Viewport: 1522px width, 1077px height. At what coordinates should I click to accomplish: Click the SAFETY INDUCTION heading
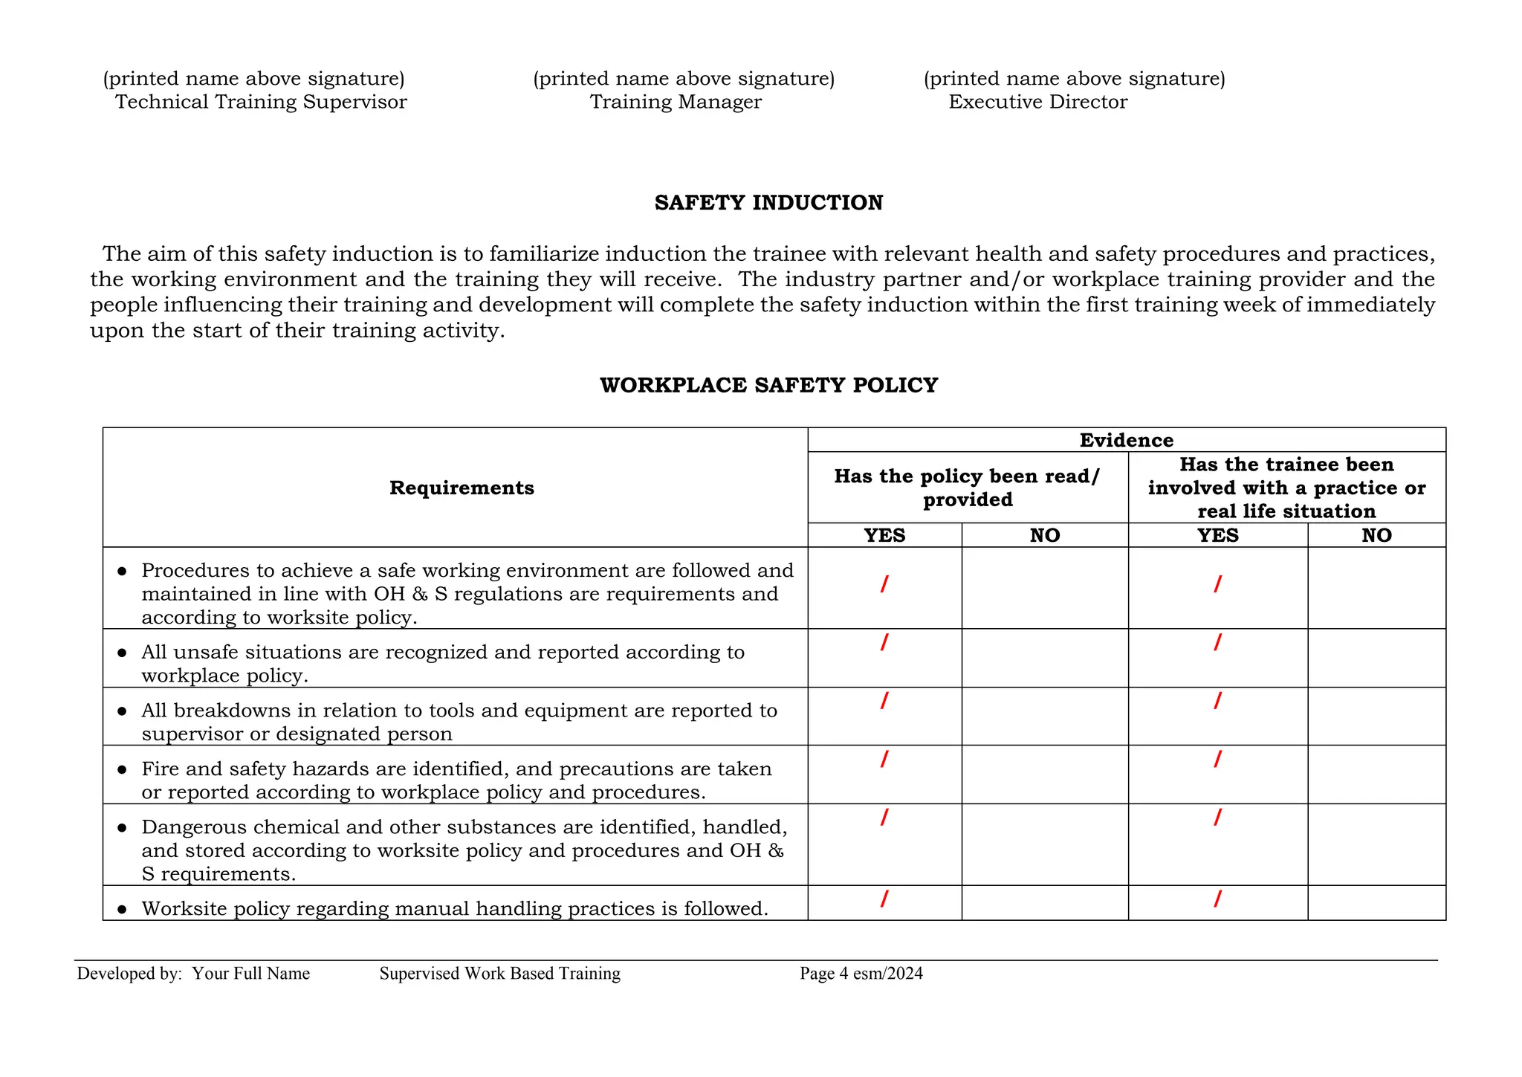[x=768, y=203]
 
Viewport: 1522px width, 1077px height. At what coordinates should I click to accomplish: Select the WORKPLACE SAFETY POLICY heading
[x=768, y=385]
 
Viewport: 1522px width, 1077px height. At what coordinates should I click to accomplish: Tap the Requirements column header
[x=462, y=488]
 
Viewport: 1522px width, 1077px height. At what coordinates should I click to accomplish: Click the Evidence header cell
[x=1126, y=440]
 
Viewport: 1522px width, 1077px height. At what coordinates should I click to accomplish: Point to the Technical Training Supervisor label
[x=261, y=102]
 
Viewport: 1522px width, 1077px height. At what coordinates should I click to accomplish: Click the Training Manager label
[x=676, y=102]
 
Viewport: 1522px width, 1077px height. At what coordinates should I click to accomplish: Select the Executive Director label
[x=1037, y=102]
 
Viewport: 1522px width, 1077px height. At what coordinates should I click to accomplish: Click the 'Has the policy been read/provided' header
[x=967, y=488]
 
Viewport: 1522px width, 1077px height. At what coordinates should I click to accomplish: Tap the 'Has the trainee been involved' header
[x=1286, y=488]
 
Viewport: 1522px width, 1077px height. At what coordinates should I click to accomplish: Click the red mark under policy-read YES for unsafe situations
[x=884, y=642]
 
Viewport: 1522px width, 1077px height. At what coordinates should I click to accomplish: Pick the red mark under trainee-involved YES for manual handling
[x=1217, y=899]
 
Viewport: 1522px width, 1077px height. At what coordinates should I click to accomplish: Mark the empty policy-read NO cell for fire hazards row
[x=1044, y=774]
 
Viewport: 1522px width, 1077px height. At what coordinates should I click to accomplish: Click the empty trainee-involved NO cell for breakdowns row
[x=1376, y=716]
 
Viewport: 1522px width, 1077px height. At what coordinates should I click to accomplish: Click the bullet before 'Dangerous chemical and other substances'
[x=123, y=827]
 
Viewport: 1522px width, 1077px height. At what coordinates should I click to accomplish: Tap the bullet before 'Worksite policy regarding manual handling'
[x=123, y=909]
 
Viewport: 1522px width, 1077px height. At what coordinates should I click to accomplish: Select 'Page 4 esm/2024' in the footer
[x=861, y=974]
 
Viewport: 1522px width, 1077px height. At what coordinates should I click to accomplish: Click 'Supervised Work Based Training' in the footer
[x=499, y=974]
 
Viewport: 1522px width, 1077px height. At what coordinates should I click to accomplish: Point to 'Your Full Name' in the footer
[x=251, y=974]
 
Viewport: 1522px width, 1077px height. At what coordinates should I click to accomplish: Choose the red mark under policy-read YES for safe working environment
[x=884, y=584]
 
